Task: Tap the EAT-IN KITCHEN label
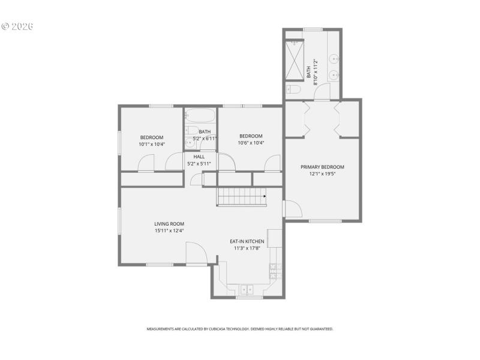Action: pos(247,241)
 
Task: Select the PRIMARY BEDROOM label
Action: pos(322,167)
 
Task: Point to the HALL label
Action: pos(199,157)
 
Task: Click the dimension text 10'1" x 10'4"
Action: pos(152,144)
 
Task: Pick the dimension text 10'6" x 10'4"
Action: pos(251,143)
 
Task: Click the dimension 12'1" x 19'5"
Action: pos(322,174)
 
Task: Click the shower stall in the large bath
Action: pos(294,60)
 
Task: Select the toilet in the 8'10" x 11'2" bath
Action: pos(293,91)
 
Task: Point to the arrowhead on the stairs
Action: pos(265,196)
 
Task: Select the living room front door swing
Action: pos(195,254)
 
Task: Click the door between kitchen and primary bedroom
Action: pos(292,208)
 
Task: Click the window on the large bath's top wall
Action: pos(313,29)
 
